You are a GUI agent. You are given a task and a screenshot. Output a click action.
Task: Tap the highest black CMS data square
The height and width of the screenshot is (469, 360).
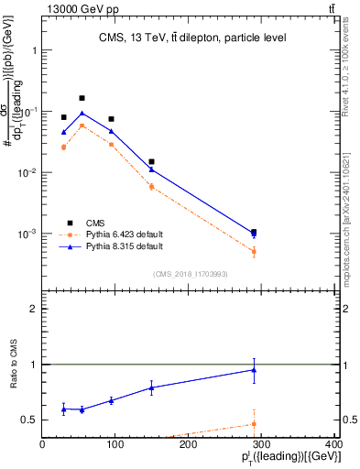(82, 98)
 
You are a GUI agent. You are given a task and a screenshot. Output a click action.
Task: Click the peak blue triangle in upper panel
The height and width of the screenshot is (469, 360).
(82, 114)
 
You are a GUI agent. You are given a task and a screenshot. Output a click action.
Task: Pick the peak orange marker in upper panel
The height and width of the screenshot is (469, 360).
(82, 125)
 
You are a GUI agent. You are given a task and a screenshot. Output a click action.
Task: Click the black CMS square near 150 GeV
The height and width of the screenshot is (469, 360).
(151, 161)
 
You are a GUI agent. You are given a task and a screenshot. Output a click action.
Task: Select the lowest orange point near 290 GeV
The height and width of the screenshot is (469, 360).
(254, 251)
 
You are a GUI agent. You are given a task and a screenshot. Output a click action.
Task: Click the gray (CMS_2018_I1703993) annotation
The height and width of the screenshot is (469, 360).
(190, 274)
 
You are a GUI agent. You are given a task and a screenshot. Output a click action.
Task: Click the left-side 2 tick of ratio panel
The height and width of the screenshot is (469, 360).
(34, 309)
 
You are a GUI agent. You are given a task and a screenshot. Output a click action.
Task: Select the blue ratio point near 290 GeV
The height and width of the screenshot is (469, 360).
(254, 370)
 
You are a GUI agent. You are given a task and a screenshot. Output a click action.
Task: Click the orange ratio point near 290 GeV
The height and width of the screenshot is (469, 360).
(254, 423)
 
